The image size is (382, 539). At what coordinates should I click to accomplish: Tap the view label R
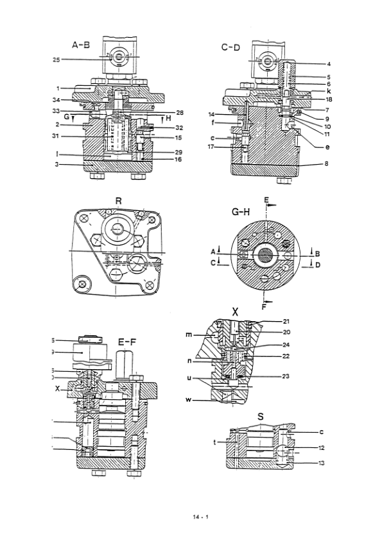(x=118, y=200)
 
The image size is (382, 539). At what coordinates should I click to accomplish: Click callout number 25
(x=56, y=60)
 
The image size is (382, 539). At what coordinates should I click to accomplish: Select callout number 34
(x=56, y=99)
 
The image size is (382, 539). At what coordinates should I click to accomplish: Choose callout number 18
(x=311, y=100)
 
